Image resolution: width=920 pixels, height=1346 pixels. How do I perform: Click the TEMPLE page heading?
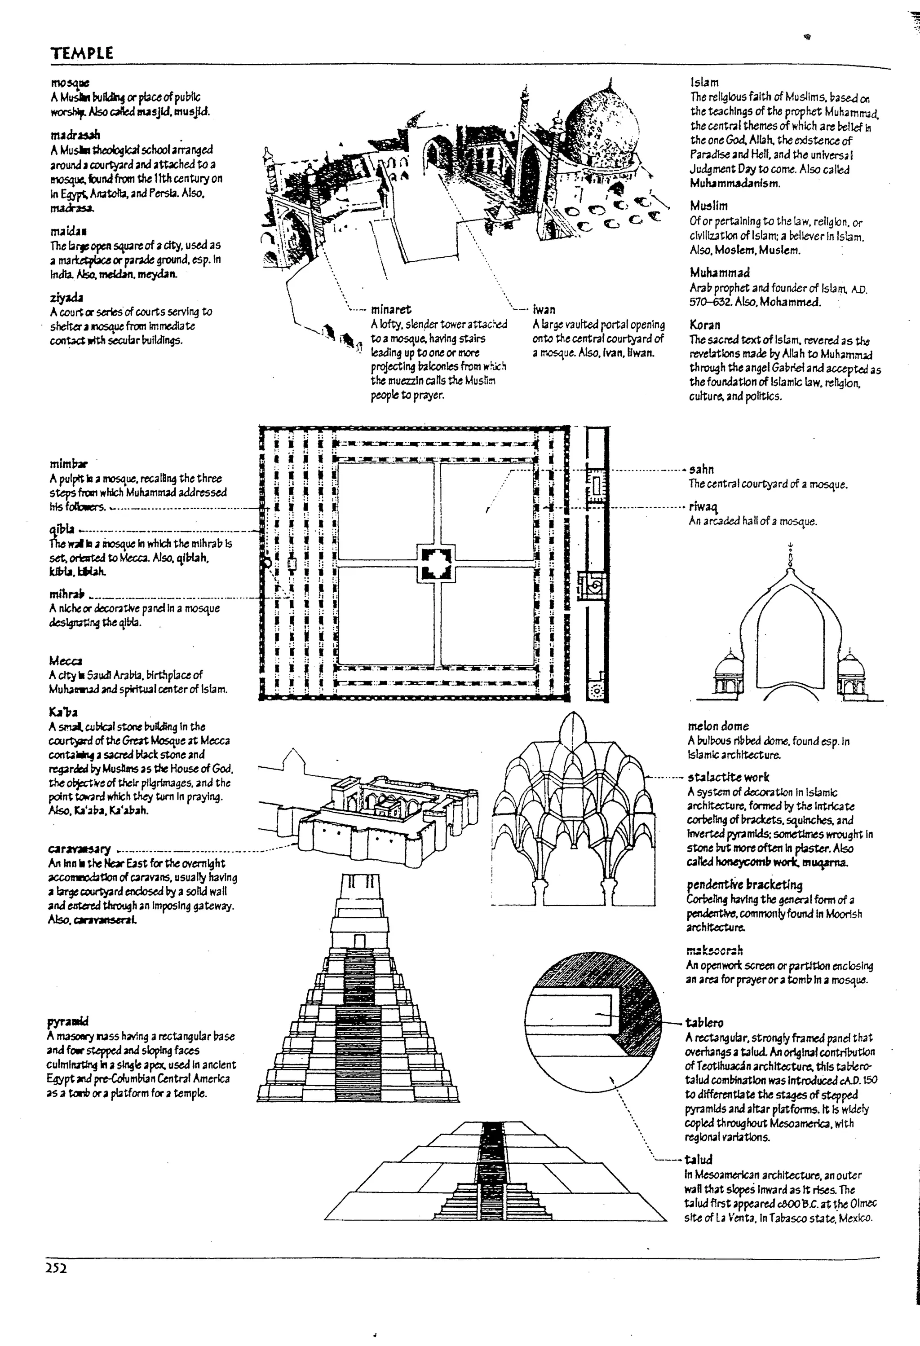tap(82, 53)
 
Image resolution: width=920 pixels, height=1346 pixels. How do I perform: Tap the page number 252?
tap(56, 1268)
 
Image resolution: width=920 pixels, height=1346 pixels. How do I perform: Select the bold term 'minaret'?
tap(391, 309)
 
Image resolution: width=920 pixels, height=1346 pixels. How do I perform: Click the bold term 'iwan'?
tap(544, 309)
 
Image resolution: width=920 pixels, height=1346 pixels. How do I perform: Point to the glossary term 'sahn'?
tap(701, 469)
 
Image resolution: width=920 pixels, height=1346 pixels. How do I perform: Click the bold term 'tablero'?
tap(704, 1022)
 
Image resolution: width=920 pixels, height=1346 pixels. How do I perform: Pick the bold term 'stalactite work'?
tap(728, 777)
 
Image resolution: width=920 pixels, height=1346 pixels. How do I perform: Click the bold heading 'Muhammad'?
tap(720, 272)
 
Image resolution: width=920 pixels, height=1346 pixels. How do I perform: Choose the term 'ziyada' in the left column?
tap(66, 298)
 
